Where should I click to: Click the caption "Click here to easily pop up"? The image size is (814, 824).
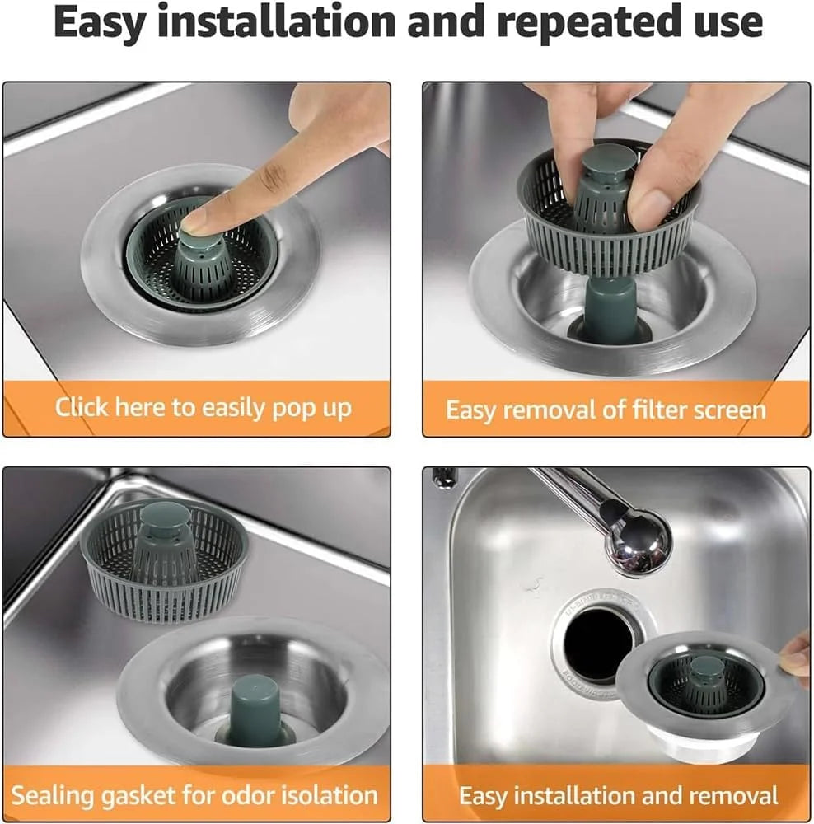pyautogui.click(x=203, y=407)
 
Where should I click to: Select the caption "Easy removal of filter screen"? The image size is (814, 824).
pyautogui.click(x=606, y=410)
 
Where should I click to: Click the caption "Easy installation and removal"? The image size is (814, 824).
pyautogui.click(x=618, y=795)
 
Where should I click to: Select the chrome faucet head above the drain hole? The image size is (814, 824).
pyautogui.click(x=638, y=544)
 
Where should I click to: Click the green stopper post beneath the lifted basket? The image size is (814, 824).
pyautogui.click(x=609, y=309)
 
